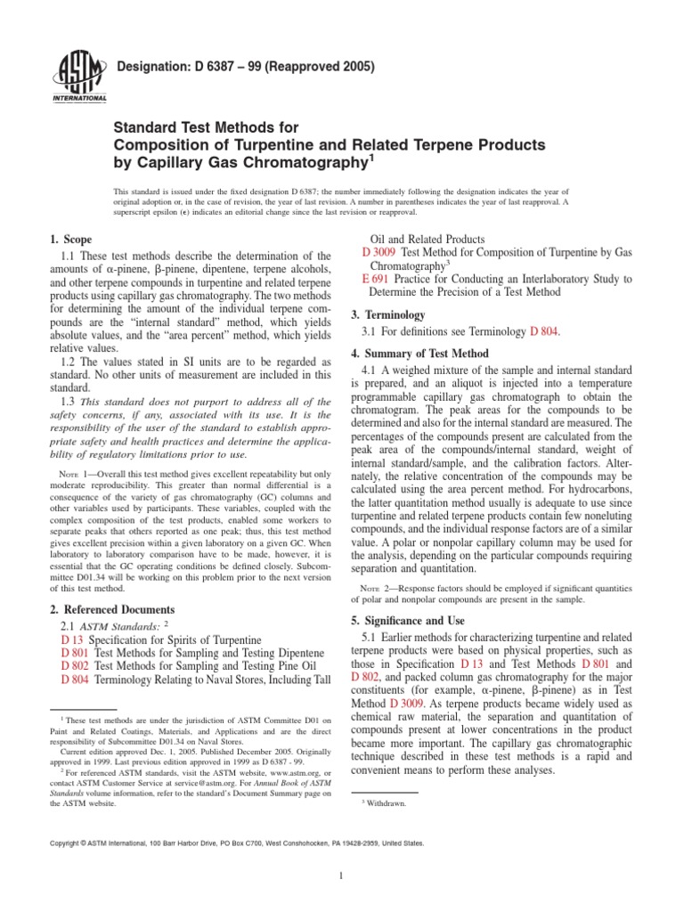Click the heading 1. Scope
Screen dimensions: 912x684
pyautogui.click(x=70, y=240)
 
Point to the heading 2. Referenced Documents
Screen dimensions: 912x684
pyautogui.click(x=112, y=609)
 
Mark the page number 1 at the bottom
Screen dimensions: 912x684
pyautogui.click(x=342, y=875)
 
